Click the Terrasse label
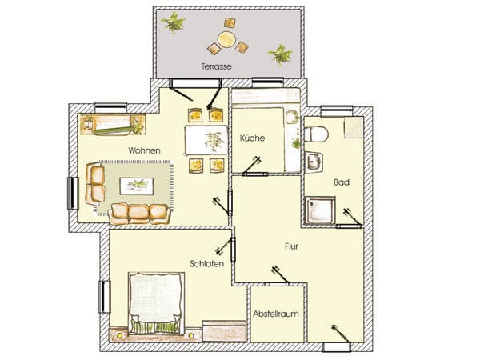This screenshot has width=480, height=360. (x=217, y=66)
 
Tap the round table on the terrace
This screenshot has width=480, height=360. (x=226, y=40)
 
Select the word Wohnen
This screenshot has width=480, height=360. (x=144, y=150)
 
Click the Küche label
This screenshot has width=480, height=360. (x=252, y=138)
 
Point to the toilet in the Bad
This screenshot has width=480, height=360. (x=316, y=134)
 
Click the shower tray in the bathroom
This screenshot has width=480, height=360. (x=320, y=210)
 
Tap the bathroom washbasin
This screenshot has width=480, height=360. (x=314, y=162)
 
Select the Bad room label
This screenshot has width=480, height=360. (x=342, y=182)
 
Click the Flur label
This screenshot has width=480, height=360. (x=291, y=246)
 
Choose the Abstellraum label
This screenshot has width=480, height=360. (x=276, y=314)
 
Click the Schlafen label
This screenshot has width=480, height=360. (x=207, y=263)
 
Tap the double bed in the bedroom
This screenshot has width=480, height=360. (x=156, y=302)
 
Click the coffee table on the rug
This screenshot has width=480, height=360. (x=137, y=186)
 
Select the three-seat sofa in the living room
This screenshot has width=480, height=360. (x=139, y=214)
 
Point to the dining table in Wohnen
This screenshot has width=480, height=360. (x=206, y=141)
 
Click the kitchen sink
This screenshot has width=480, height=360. (x=291, y=118)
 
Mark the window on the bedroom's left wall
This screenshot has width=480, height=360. (x=104, y=297)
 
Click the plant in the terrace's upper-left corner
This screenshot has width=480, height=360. (x=174, y=22)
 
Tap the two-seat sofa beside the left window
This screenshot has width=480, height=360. (x=95, y=184)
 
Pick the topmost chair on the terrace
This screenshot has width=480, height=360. (x=230, y=22)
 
